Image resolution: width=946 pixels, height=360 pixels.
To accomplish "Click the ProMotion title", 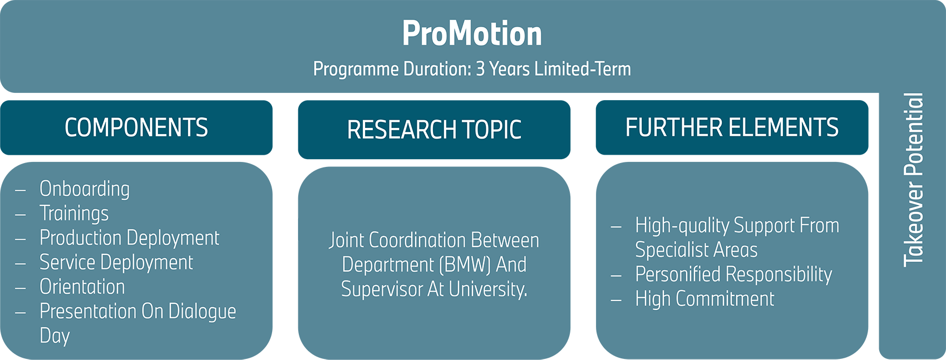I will (x=472, y=34).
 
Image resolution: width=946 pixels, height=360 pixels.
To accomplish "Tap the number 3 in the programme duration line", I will (x=480, y=69).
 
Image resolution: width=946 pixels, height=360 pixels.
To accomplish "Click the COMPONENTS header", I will (x=136, y=127).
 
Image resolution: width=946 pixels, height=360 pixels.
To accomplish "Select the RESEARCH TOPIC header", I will (x=434, y=130).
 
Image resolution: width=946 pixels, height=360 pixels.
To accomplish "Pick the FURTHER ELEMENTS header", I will (x=732, y=127).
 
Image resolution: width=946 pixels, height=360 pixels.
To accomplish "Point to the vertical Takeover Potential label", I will (x=913, y=179).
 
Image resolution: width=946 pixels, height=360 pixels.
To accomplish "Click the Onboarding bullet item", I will (x=85, y=189).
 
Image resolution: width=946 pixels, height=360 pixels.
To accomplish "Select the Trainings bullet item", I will (x=74, y=214).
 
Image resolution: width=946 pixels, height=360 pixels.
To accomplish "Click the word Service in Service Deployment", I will (x=67, y=263).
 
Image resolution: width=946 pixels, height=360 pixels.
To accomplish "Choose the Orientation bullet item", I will (x=82, y=287).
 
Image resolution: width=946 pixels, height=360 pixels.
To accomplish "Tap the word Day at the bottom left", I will (x=55, y=336).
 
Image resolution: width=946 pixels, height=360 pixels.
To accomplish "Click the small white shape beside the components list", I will (x=291, y=227).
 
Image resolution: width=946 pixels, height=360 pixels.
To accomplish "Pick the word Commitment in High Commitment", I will (x=725, y=299).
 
